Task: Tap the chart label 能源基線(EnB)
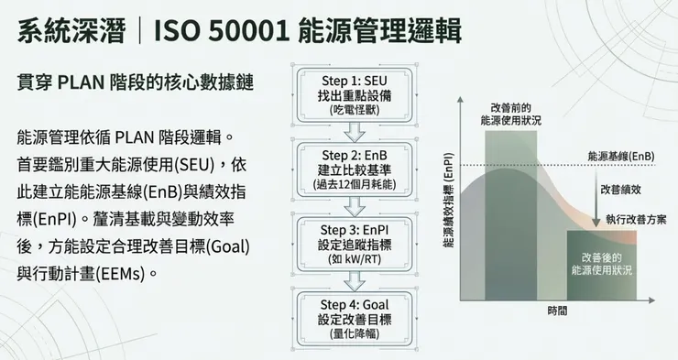[622, 156]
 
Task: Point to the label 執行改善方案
[636, 220]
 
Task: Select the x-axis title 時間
[557, 311]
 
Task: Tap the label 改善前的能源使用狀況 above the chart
[510, 114]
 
